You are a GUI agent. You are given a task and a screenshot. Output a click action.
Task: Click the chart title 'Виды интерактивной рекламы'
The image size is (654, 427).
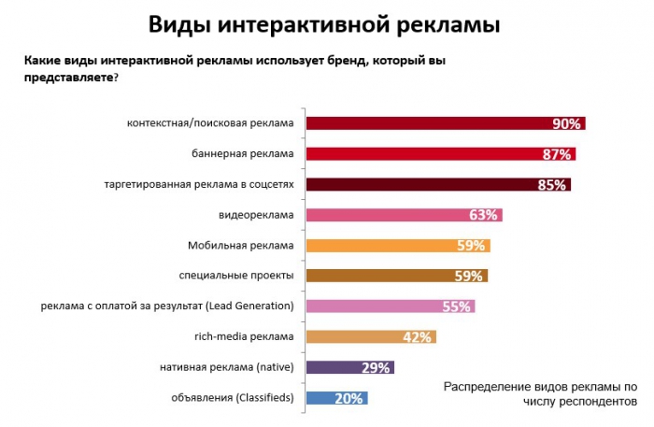325,23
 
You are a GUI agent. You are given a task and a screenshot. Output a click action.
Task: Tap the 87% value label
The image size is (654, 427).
560,154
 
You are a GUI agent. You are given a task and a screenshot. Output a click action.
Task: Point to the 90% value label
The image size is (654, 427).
567,123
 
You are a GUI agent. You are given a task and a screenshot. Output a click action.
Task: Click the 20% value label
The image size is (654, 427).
348,398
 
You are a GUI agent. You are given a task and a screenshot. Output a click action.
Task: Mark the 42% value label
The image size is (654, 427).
417,336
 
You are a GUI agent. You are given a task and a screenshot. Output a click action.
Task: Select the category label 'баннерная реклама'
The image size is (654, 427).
248,153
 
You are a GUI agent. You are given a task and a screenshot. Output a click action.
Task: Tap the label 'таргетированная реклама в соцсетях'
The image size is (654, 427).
199,184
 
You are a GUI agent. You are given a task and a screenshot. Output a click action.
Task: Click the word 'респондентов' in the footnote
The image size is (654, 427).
593,400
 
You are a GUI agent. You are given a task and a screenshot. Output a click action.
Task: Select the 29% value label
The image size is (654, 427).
376,367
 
